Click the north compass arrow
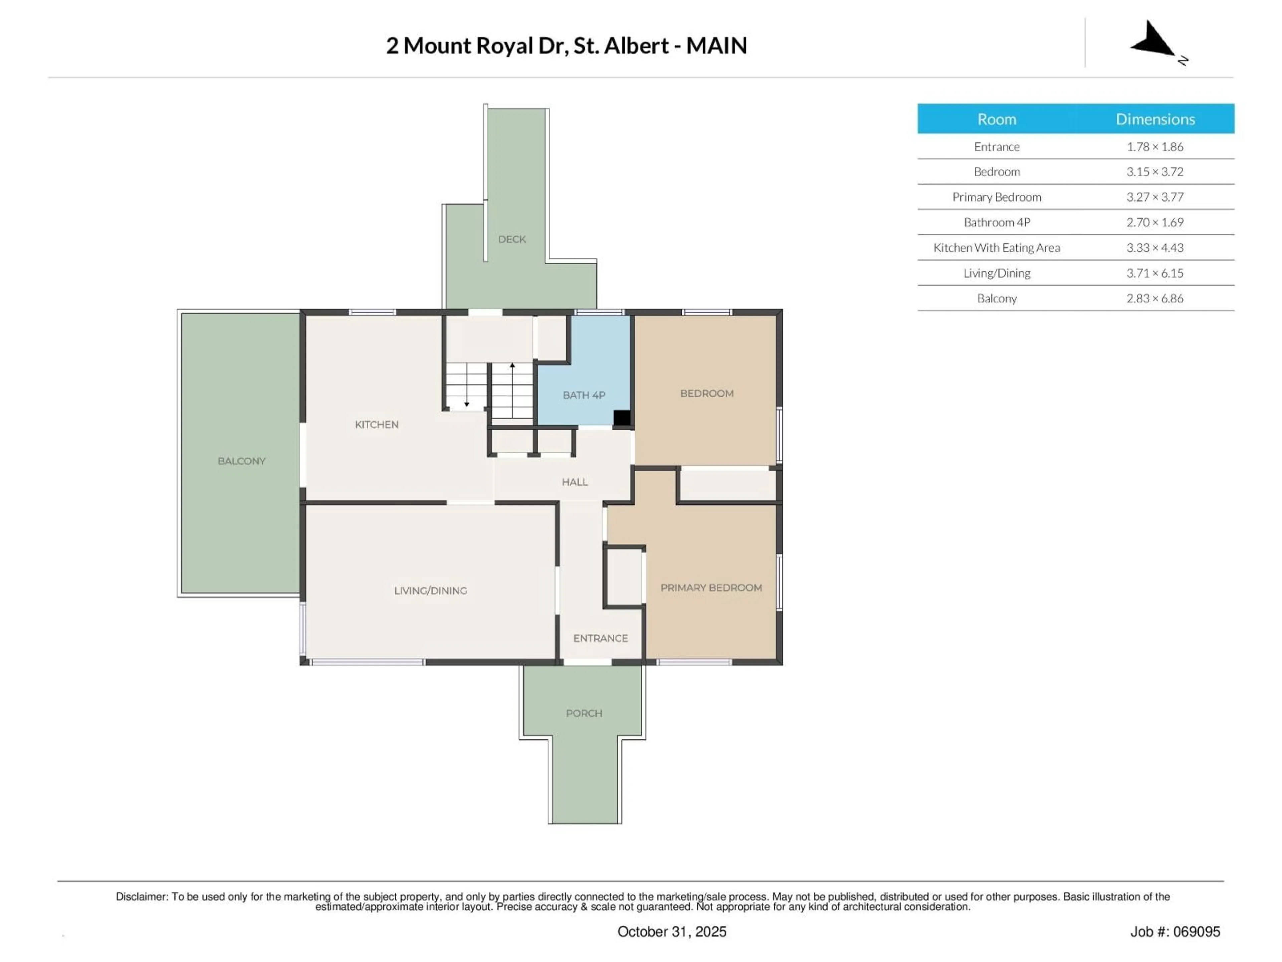(1153, 41)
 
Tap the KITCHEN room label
(376, 425)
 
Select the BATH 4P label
(584, 395)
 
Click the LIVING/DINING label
(430, 590)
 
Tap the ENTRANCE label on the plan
(600, 638)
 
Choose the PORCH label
(584, 713)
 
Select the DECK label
(512, 239)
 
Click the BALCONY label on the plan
(241, 461)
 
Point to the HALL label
(574, 482)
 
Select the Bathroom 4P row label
(996, 222)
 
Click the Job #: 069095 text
(1175, 931)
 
